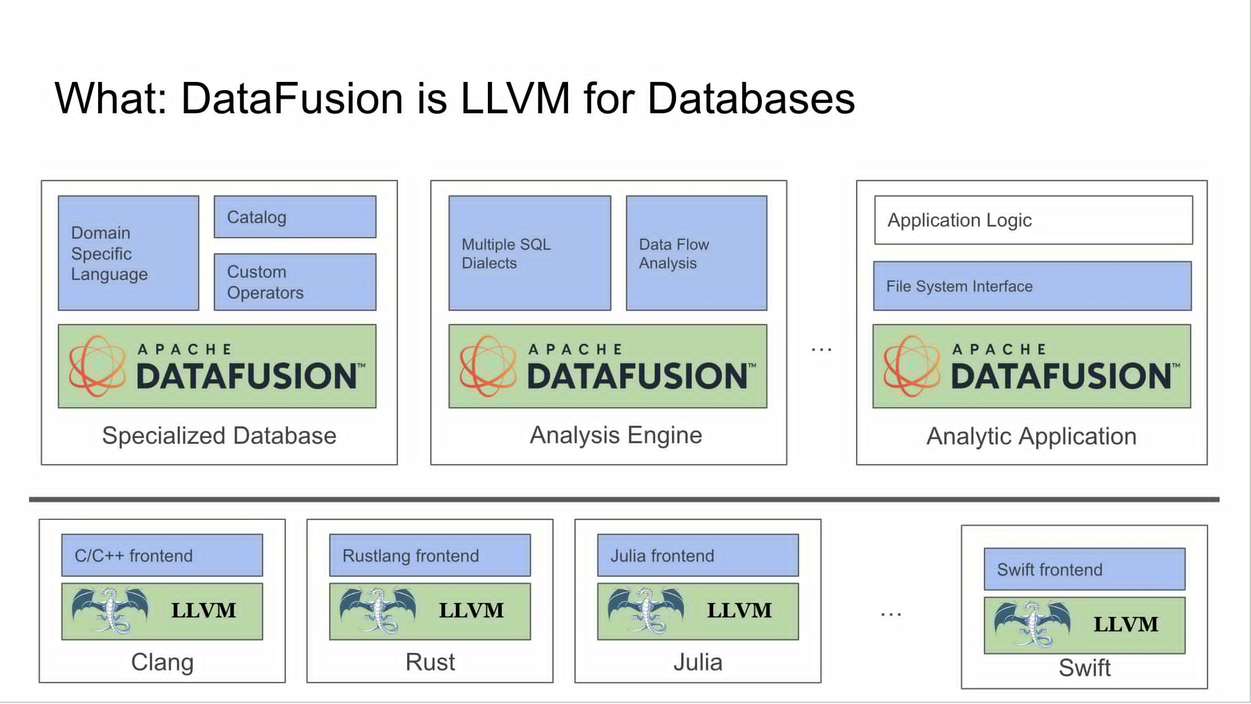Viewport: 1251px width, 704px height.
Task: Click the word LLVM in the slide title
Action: pos(515,98)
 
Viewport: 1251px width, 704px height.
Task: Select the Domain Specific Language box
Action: pos(128,253)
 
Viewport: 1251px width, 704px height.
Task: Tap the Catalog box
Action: pos(295,217)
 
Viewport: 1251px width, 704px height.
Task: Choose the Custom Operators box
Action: pos(295,282)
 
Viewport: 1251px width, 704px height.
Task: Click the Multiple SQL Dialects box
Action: pos(529,253)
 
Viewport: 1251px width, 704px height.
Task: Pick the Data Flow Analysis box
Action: pos(696,253)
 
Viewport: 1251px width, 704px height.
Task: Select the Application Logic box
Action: pos(1033,220)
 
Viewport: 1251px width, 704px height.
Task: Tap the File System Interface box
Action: pos(1032,286)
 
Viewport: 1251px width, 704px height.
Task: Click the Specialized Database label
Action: pos(219,436)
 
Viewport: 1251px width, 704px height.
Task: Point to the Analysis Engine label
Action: pos(616,435)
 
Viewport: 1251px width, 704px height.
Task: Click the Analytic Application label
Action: pos(1031,436)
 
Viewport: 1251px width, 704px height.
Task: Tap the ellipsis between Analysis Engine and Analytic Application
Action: pos(821,350)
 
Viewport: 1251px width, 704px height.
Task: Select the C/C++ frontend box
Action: pos(162,556)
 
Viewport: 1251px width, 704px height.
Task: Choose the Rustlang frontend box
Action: pos(430,556)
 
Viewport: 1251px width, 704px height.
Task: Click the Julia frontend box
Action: pos(698,556)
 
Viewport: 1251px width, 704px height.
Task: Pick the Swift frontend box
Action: pos(1084,570)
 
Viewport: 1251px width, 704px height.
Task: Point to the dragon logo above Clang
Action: pos(110,610)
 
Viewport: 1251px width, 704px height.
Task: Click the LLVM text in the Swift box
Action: pos(1126,624)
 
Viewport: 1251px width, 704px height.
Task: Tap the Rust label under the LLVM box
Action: pos(430,662)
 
